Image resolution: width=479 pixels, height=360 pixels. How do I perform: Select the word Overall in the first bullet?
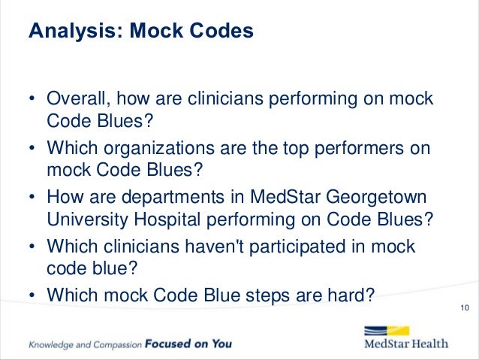(x=75, y=100)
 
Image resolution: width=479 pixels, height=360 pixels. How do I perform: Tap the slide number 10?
(x=462, y=308)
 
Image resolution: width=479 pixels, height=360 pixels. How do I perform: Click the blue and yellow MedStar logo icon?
(x=386, y=331)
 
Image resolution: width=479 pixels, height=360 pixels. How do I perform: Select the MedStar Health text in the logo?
(x=405, y=344)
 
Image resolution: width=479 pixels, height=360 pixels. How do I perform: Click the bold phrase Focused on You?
(x=188, y=344)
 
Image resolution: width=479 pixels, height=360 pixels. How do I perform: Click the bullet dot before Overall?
(x=32, y=101)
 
